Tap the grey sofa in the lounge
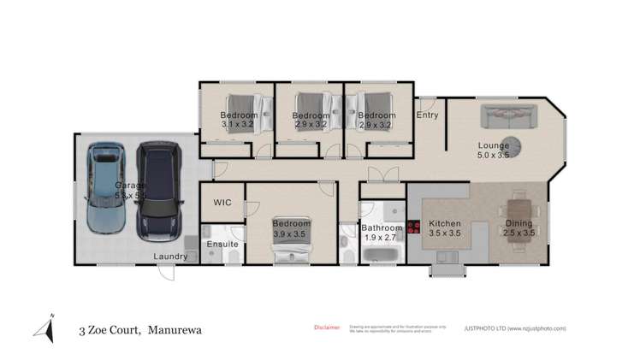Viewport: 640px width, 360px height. (507, 116)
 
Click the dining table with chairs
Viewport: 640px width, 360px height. (520, 212)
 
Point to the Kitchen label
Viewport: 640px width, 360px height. (444, 227)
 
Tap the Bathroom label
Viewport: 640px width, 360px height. (381, 228)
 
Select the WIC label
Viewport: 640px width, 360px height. (222, 204)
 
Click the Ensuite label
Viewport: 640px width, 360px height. (222, 245)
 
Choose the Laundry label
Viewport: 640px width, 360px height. (170, 257)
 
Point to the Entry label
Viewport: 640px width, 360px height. (427, 115)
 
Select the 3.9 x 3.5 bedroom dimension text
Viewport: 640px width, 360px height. (290, 233)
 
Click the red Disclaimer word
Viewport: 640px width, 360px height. (327, 327)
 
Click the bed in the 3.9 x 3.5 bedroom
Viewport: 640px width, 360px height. (291, 245)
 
